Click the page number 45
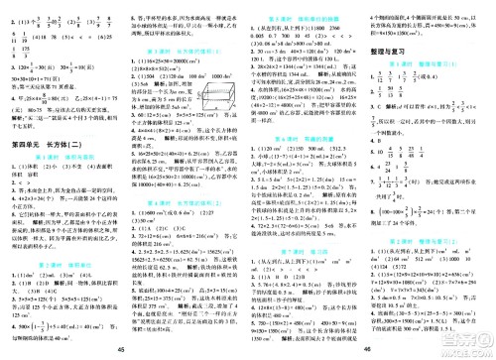pyautogui.click(x=121, y=347)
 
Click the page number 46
pyautogui.click(x=373, y=347)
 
